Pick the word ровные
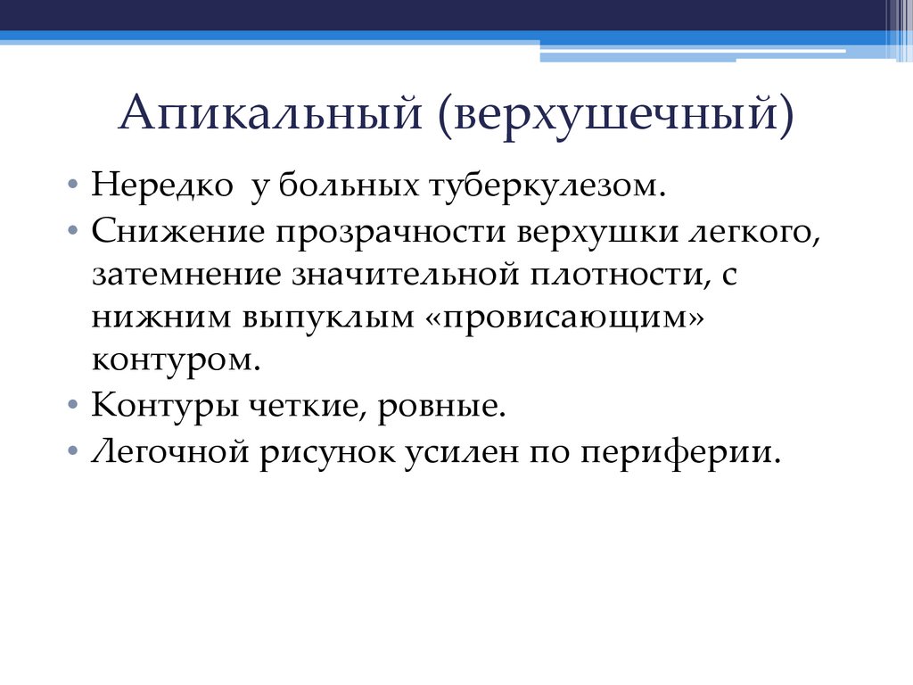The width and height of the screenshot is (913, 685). tap(442, 406)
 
